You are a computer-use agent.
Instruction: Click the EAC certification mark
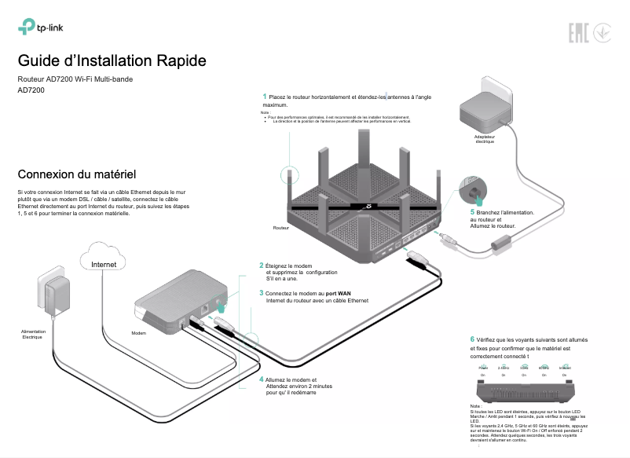coord(575,32)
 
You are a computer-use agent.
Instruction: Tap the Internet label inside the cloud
coord(104,265)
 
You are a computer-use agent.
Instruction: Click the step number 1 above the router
coord(265,96)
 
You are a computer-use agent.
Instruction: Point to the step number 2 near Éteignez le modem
coord(262,266)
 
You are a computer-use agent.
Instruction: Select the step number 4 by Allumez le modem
coord(262,379)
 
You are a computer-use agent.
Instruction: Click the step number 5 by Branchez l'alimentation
coord(472,211)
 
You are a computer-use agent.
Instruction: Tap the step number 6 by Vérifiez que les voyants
coord(472,339)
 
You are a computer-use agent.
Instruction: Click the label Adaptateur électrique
coord(485,139)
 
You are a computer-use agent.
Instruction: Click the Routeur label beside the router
coord(280,228)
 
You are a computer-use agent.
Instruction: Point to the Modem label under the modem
coord(139,333)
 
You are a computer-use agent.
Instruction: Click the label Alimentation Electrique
coord(33,334)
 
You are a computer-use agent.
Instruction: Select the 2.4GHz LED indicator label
coord(504,368)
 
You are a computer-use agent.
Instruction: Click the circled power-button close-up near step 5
coord(474,189)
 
